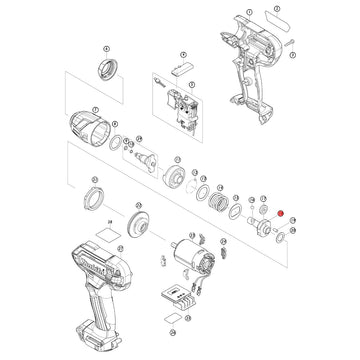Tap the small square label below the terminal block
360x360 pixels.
click(x=177, y=325)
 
